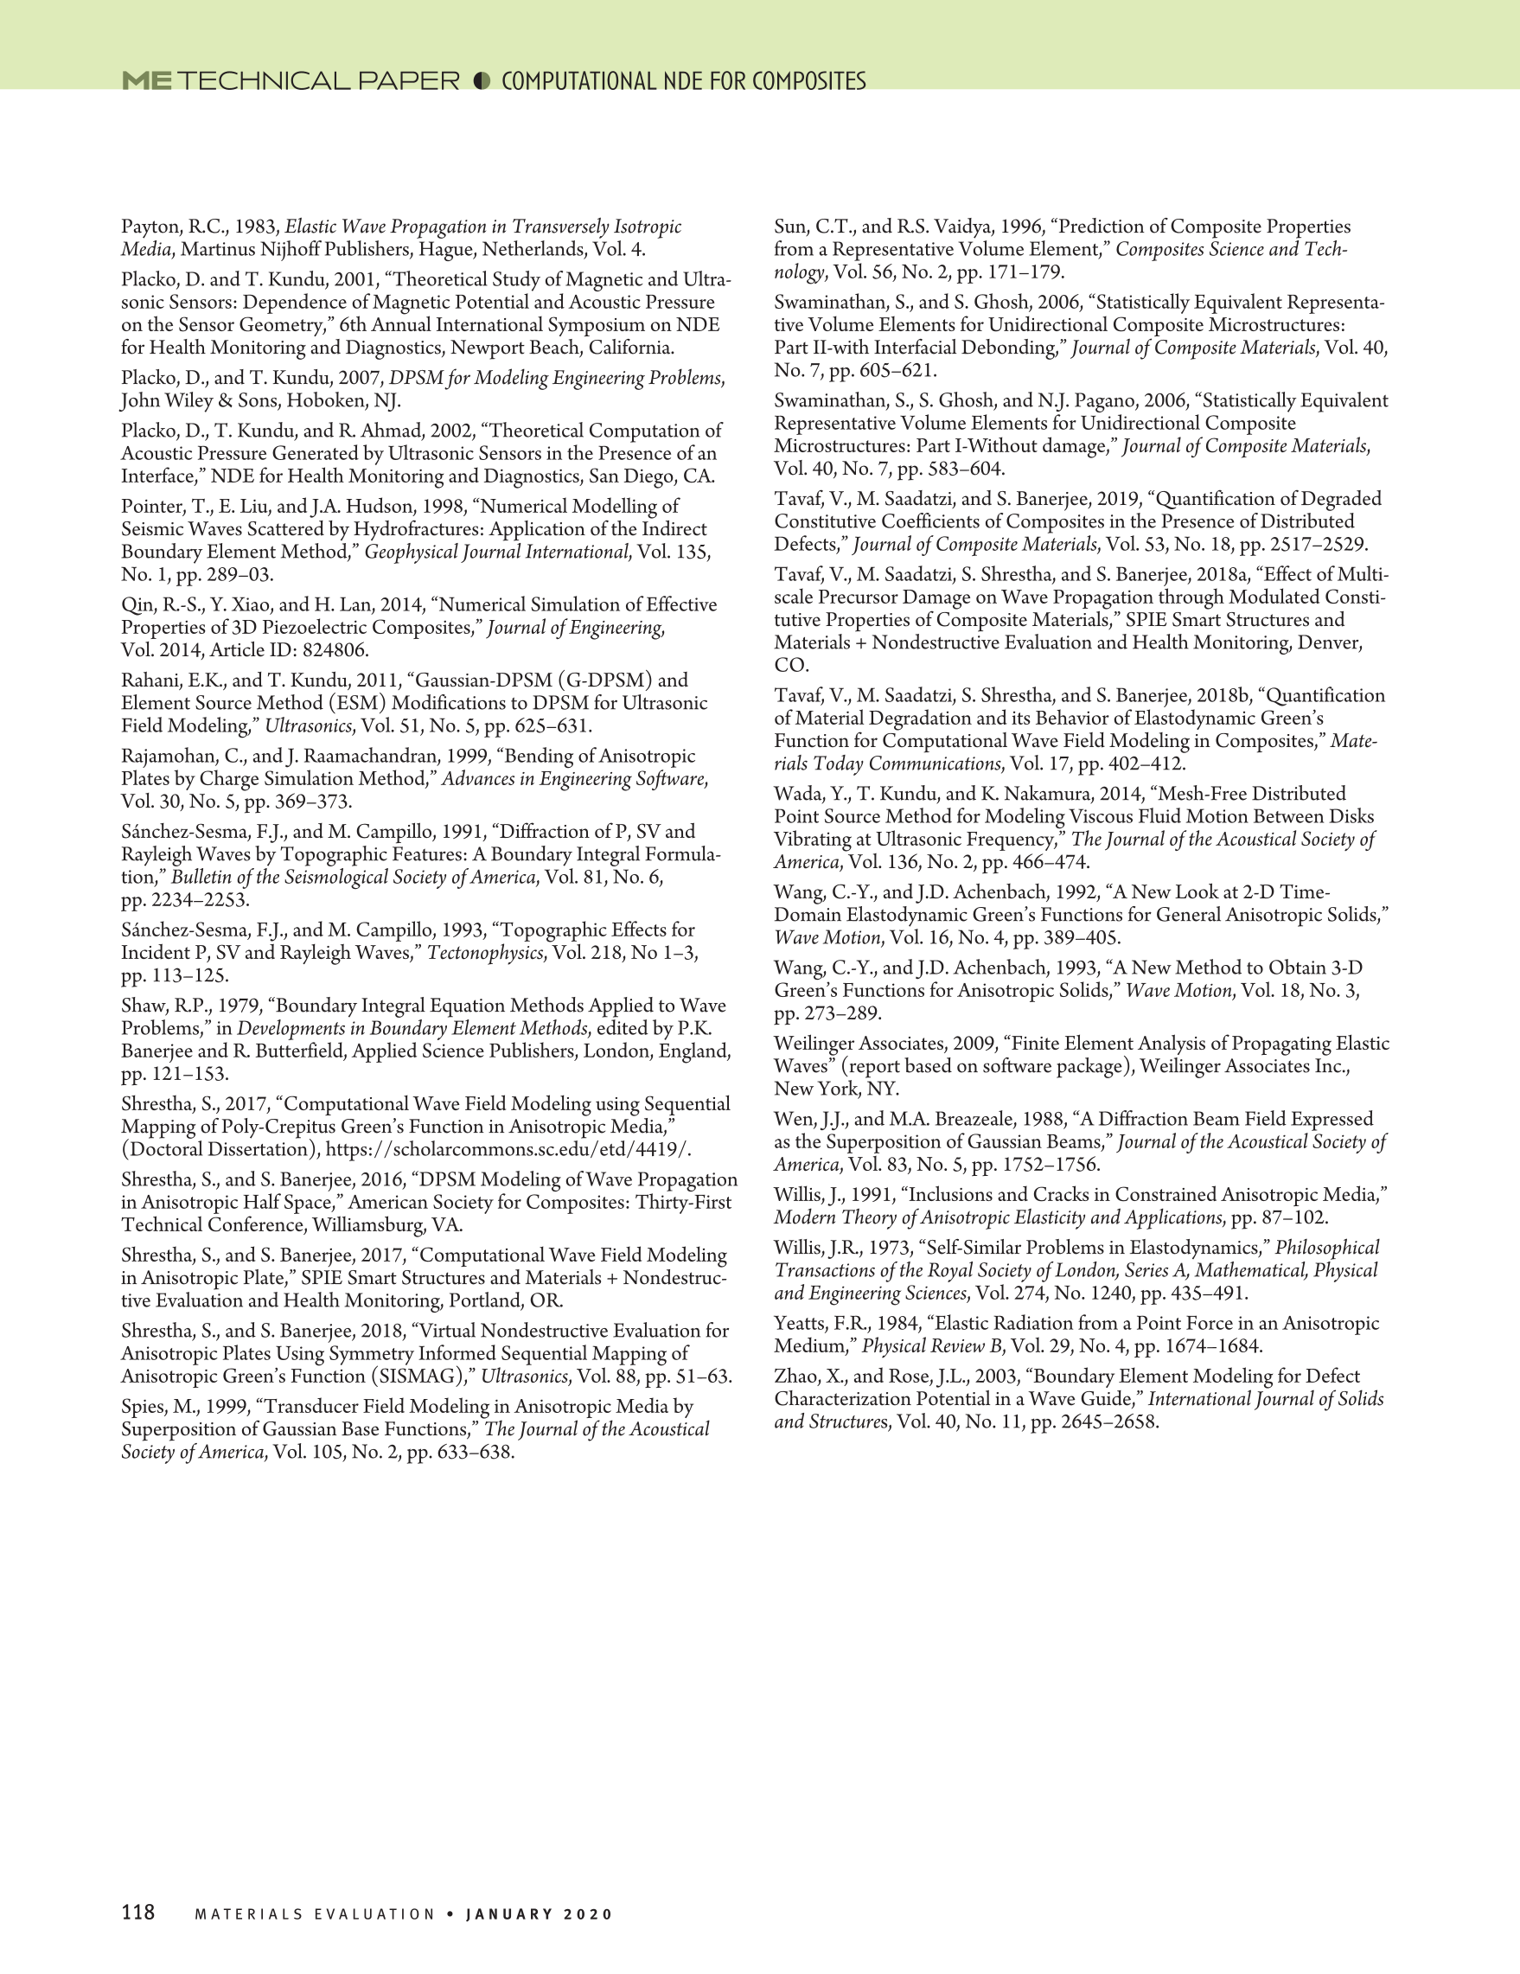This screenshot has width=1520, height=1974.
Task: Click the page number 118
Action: (138, 1913)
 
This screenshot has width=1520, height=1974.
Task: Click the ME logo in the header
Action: (146, 81)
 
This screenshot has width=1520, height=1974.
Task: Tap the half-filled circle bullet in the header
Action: (482, 81)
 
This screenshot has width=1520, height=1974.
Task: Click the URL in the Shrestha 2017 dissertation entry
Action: (508, 1150)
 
